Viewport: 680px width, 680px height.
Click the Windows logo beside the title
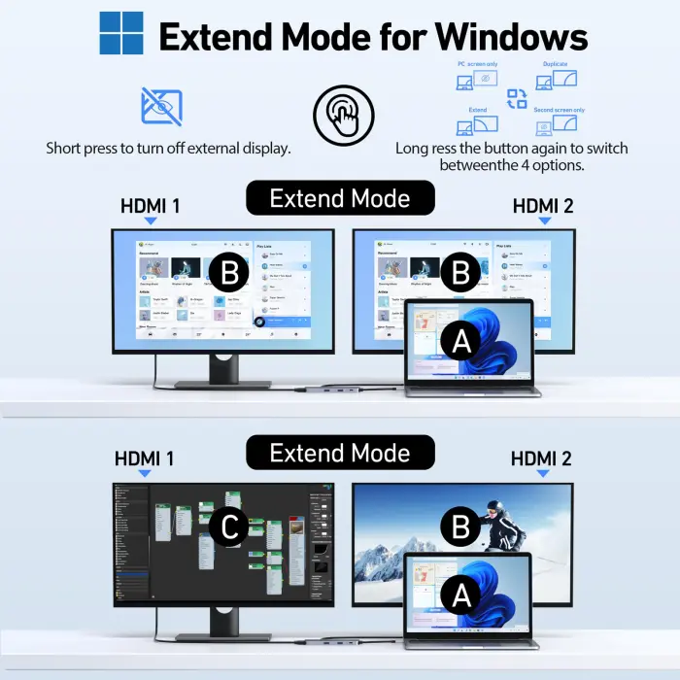coord(120,33)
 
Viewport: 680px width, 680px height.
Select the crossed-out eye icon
coord(161,106)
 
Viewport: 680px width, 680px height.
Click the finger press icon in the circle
coord(343,114)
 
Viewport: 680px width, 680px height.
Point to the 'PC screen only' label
coord(477,64)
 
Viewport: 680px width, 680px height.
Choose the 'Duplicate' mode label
coord(556,64)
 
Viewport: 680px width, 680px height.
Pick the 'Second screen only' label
coord(559,110)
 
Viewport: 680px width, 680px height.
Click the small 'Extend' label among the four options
coord(478,110)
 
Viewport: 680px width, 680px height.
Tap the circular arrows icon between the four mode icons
coord(517,98)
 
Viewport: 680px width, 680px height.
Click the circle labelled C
coord(229,527)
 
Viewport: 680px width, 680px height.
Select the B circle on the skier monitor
coord(459,528)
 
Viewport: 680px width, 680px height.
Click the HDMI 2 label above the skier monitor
coord(542,459)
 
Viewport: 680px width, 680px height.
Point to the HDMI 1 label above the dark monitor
coord(145,458)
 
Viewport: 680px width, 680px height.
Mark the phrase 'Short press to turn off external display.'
coord(168,149)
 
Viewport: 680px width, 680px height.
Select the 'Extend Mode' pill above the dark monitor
coord(340,453)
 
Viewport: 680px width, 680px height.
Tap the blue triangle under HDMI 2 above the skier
coord(543,474)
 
